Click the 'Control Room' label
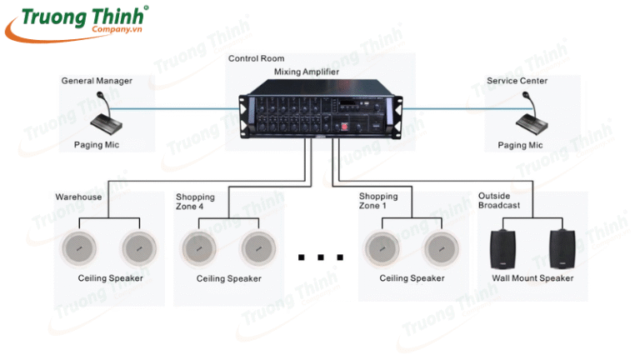point(256,58)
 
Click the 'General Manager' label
point(97,81)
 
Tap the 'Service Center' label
point(518,81)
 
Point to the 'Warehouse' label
point(78,197)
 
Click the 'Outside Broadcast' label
point(499,201)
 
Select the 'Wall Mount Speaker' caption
point(532,278)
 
